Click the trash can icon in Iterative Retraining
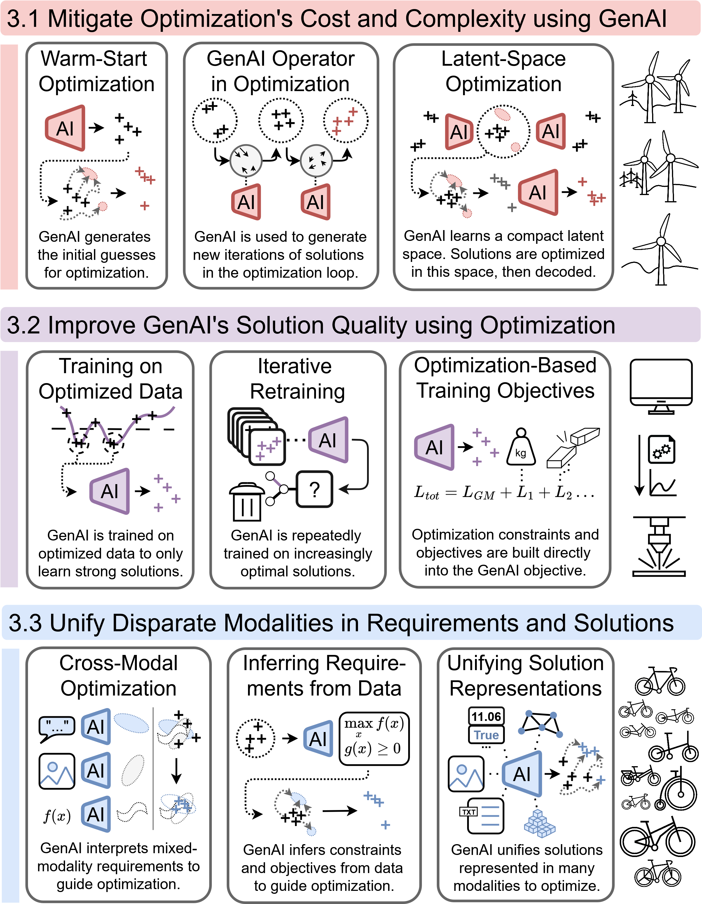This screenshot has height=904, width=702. [x=247, y=502]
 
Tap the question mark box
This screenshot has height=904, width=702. [x=315, y=489]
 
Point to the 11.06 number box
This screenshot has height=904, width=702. [x=486, y=717]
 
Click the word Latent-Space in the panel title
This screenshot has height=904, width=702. [x=503, y=58]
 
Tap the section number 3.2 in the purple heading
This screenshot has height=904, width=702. [x=24, y=325]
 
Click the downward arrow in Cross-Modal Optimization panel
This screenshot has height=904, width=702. [x=177, y=771]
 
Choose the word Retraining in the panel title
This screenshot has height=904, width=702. [x=297, y=392]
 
